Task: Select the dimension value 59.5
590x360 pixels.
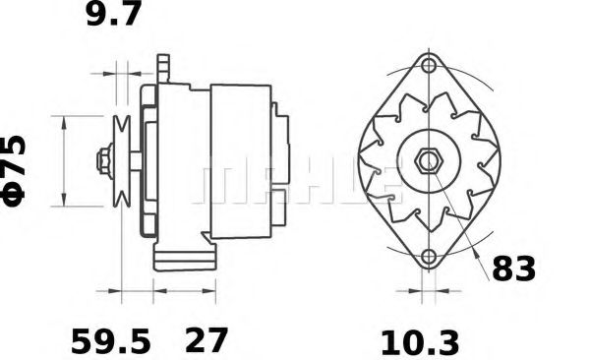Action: (110, 340)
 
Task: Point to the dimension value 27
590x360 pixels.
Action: (206, 340)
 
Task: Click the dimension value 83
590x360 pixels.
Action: (513, 268)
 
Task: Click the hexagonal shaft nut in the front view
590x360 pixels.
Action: (428, 162)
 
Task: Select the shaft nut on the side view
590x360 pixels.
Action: (102, 160)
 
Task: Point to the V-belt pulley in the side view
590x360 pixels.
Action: (122, 160)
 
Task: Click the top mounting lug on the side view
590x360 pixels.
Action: (164, 69)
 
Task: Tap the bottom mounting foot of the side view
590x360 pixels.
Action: (182, 260)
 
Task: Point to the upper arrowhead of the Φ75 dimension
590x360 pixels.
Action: (64, 121)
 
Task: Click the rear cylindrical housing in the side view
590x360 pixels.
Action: (240, 159)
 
